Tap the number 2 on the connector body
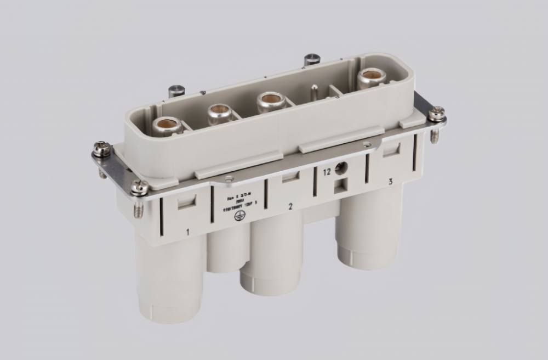pos(291,206)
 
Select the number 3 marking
pos(390,182)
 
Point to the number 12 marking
pos(327,172)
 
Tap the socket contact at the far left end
pos(167,126)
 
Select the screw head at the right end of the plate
pos(436,114)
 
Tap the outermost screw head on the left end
pos(102,149)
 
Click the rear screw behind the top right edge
pos(311,58)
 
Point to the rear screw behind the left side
pos(176,90)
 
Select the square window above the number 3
pos(391,150)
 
